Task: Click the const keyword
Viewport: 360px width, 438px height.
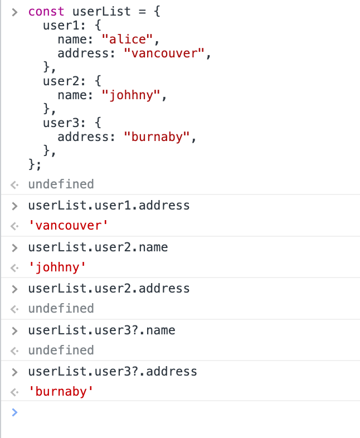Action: pyautogui.click(x=46, y=11)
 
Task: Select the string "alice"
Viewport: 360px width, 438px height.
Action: pyautogui.click(x=124, y=40)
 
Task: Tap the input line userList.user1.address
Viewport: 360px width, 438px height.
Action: pyautogui.click(x=109, y=205)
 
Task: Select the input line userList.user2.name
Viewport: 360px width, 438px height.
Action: pyautogui.click(x=98, y=247)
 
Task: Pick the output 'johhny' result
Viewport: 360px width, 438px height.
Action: pyautogui.click(x=57, y=268)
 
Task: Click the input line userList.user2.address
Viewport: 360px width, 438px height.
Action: pyautogui.click(x=109, y=289)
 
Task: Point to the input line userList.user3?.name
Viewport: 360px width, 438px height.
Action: pyautogui.click(x=101, y=330)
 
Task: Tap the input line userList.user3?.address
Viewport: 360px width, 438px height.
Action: pyautogui.click(x=113, y=371)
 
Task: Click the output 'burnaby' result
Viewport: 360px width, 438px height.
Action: pyautogui.click(x=61, y=392)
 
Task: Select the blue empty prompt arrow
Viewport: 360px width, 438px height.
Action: pyautogui.click(x=15, y=412)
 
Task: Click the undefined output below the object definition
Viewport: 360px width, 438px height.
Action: pyautogui.click(x=61, y=184)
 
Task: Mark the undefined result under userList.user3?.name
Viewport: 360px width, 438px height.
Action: pyautogui.click(x=61, y=350)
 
